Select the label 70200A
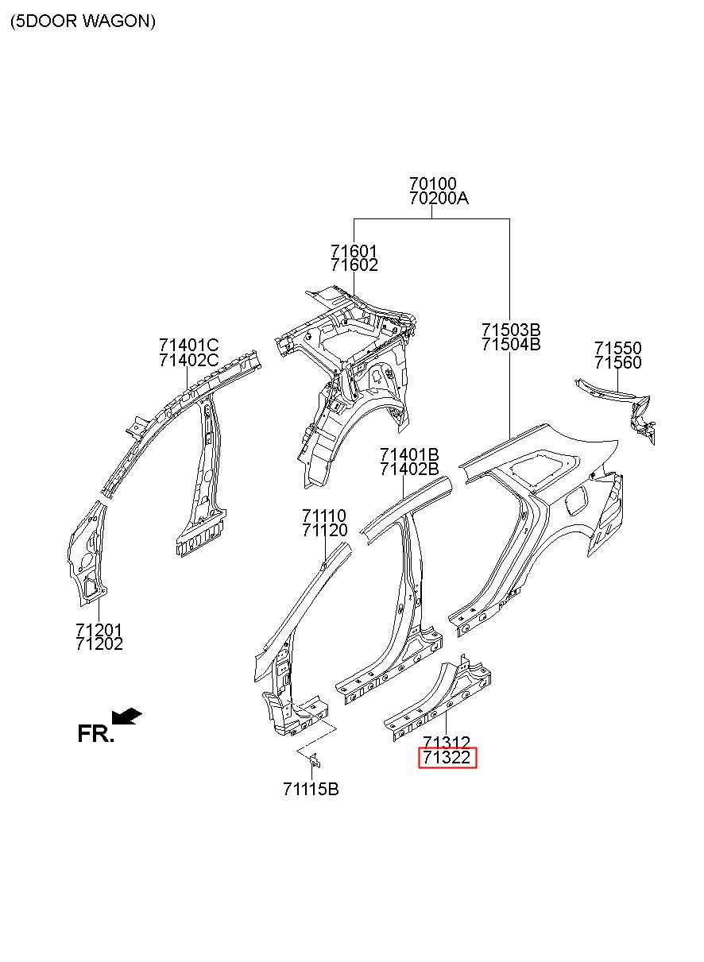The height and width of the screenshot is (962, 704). pyautogui.click(x=439, y=199)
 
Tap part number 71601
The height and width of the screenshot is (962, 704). pyautogui.click(x=354, y=251)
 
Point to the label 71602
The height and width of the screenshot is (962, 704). pyautogui.click(x=354, y=265)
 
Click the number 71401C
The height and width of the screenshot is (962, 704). pyautogui.click(x=188, y=346)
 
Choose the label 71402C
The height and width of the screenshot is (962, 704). pyautogui.click(x=188, y=360)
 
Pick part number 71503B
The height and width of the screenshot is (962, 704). pyautogui.click(x=510, y=330)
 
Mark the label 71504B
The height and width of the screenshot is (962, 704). pyautogui.click(x=510, y=344)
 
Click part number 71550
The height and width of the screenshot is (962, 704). pyautogui.click(x=618, y=348)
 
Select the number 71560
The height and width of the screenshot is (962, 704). pyautogui.click(x=618, y=362)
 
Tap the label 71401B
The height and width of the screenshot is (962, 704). pyautogui.click(x=409, y=454)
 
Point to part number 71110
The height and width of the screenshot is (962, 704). pyautogui.click(x=325, y=516)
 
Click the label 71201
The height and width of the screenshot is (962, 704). pyautogui.click(x=99, y=630)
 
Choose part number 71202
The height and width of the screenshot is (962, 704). pyautogui.click(x=99, y=644)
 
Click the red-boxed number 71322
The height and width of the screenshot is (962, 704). pyautogui.click(x=447, y=759)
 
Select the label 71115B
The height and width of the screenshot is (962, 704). pyautogui.click(x=311, y=790)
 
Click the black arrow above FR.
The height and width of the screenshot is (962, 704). pyautogui.click(x=127, y=716)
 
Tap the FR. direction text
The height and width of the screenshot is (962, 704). pyautogui.click(x=95, y=734)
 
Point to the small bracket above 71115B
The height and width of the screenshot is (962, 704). pyautogui.click(x=313, y=760)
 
